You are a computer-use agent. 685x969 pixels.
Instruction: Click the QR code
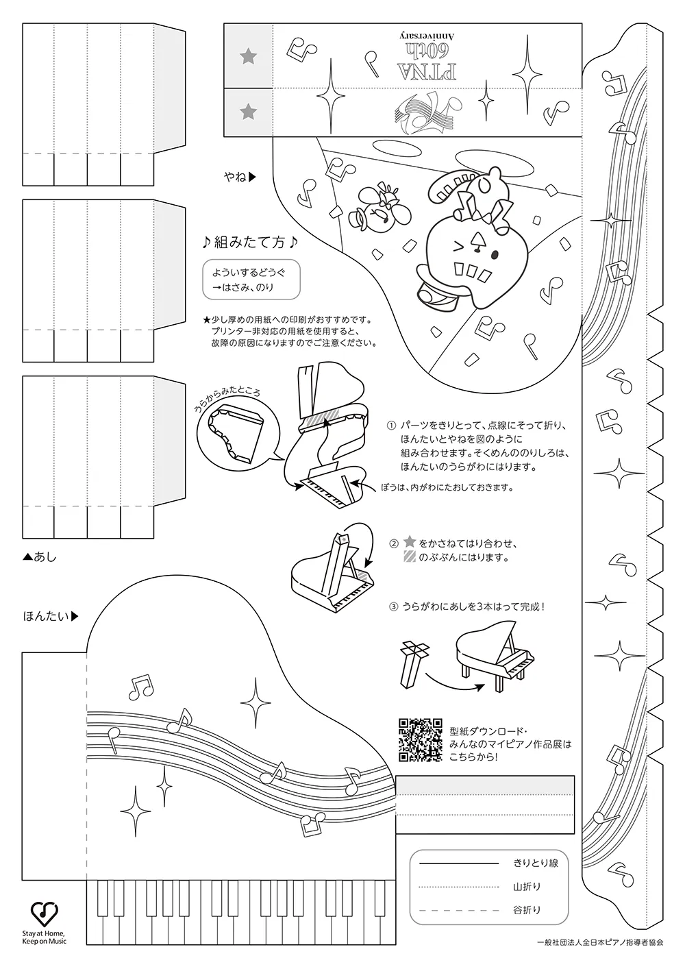pos(421,739)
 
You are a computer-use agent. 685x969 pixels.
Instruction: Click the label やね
pos(236,177)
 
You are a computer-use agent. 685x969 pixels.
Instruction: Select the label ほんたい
pos(47,616)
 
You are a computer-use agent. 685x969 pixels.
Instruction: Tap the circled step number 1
pos(392,425)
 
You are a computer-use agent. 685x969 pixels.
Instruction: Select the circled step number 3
pos(393,606)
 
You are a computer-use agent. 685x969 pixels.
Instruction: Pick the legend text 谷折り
pos(527,910)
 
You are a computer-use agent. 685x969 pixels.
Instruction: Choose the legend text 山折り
pos(527,887)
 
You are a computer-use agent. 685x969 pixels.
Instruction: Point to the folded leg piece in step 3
pos(414,663)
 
